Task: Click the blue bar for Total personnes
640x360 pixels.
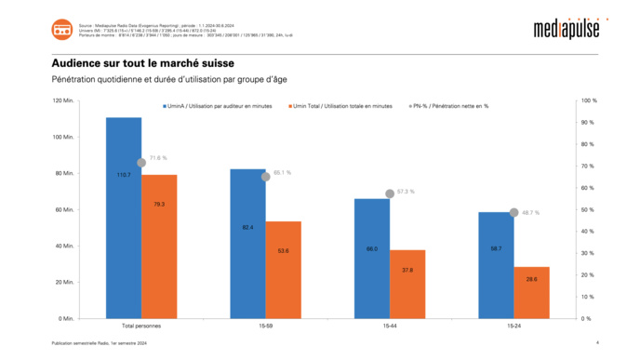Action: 124,218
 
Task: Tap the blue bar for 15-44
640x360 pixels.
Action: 372,258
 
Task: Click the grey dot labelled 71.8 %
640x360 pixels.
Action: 141,163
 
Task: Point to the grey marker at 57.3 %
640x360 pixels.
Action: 390,193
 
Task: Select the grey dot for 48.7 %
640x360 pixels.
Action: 513,212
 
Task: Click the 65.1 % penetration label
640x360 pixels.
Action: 282,172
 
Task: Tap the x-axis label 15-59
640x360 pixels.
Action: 266,327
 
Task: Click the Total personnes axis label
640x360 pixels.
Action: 141,327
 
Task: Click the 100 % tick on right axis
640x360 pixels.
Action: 588,100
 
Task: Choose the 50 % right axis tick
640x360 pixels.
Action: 588,209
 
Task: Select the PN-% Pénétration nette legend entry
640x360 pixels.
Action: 451,106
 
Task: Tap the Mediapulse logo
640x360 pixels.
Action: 567,29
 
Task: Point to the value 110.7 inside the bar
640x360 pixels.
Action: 124,175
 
